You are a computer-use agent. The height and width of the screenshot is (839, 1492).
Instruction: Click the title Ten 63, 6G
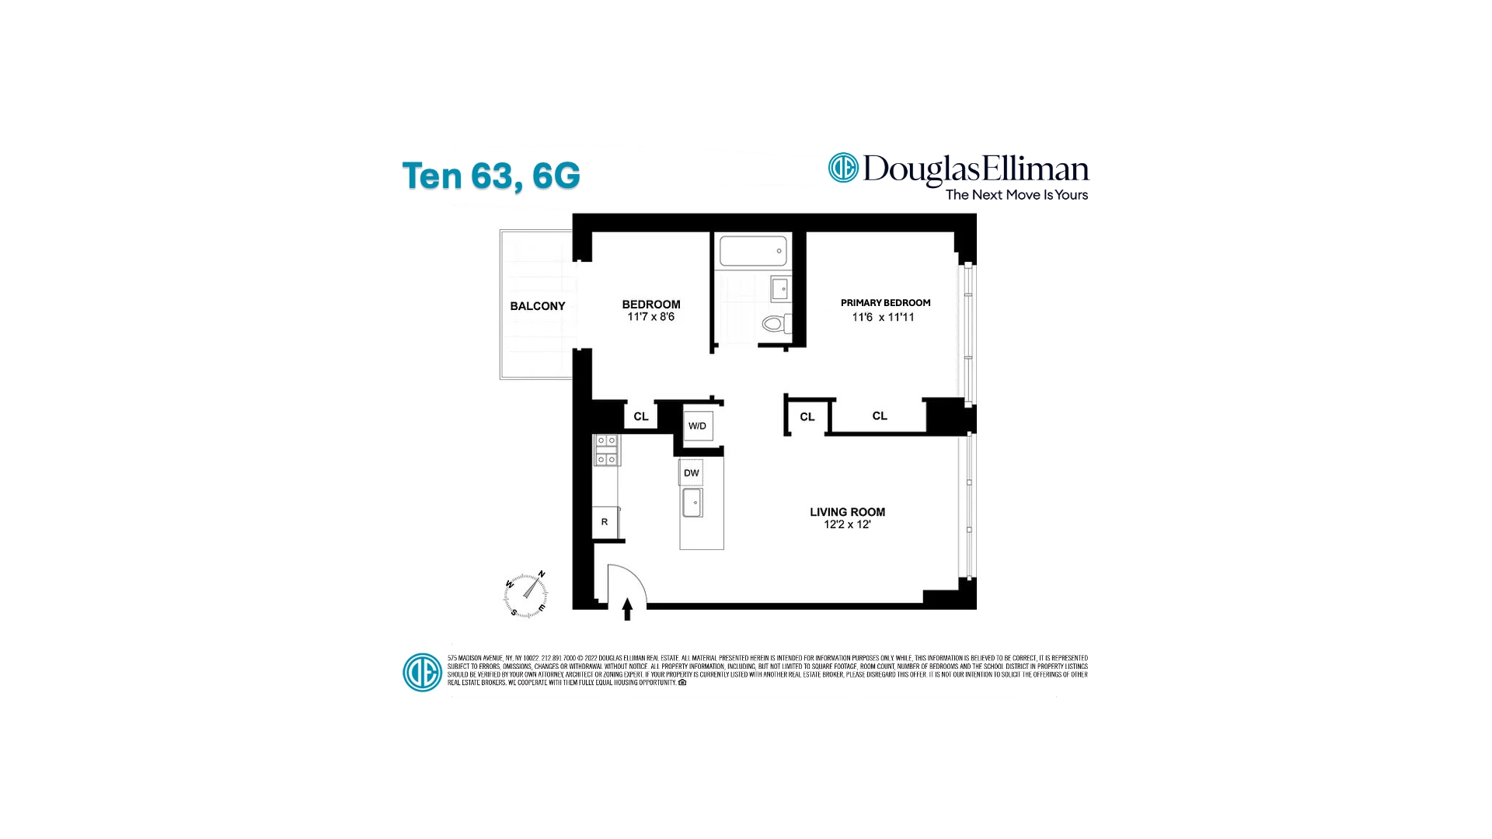[491, 176]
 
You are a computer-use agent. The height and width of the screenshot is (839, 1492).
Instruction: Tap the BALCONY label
[537, 306]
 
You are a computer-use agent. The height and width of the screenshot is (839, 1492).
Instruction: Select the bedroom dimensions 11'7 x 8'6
[650, 317]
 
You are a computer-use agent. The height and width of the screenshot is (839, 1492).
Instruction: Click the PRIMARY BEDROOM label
[885, 303]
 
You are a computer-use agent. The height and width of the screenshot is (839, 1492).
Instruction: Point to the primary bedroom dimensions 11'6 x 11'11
[883, 317]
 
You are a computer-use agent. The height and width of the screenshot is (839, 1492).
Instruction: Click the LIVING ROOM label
[847, 512]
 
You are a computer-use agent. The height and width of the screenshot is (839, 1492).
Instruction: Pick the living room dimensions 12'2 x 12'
[847, 525]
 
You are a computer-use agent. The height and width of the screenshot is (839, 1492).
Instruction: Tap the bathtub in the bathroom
[752, 251]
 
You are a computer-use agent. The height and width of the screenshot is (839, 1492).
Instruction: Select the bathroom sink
[780, 289]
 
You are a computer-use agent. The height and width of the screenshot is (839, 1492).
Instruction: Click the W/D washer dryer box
[697, 426]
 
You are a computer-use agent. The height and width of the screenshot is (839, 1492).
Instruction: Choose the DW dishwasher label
[691, 473]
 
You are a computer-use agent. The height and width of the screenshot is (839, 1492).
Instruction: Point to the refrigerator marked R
[605, 522]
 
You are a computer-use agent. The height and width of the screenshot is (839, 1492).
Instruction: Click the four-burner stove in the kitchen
[606, 451]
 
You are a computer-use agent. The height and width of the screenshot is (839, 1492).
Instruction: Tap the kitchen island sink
[692, 503]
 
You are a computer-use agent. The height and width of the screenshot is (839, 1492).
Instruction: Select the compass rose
[526, 595]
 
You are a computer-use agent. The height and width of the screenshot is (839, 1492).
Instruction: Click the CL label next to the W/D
[640, 416]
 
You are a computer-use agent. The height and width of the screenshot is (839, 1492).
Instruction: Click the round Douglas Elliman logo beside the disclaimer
[422, 672]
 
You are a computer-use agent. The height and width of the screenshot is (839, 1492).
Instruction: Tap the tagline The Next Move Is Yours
[1016, 195]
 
